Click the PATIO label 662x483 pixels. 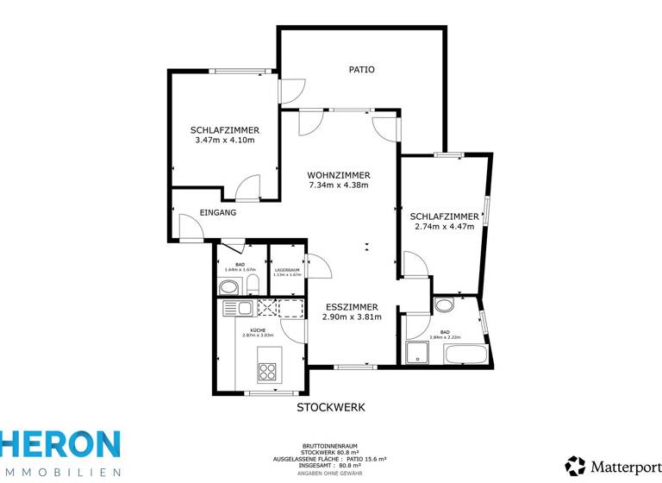(x=361, y=69)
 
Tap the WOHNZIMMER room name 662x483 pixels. (x=338, y=175)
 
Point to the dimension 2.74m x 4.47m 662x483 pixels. (x=444, y=226)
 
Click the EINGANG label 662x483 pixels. (x=217, y=211)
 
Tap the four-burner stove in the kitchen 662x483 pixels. (x=267, y=372)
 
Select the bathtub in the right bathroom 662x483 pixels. (x=464, y=353)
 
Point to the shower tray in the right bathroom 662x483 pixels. (x=418, y=353)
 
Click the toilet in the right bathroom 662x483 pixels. (x=445, y=304)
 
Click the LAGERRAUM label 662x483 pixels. (x=287, y=270)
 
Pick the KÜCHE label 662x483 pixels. (x=258, y=330)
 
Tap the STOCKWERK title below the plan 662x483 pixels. (x=331, y=406)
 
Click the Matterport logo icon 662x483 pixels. (x=575, y=465)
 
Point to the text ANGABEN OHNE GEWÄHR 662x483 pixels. (x=331, y=474)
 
